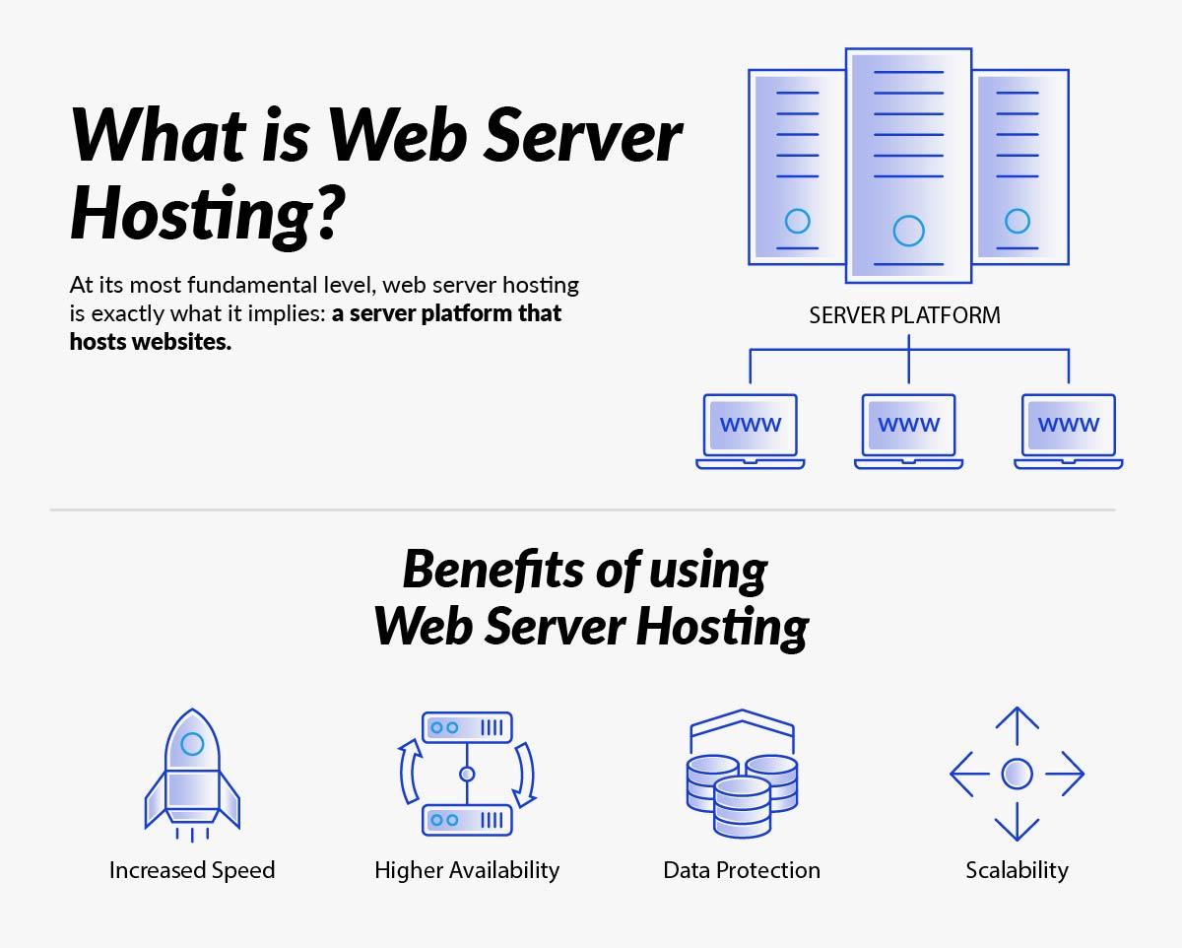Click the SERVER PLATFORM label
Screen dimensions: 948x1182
point(904,315)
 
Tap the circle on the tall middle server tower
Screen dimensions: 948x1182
point(908,231)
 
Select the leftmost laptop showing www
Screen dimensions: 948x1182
point(751,430)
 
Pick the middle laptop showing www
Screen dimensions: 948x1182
point(908,430)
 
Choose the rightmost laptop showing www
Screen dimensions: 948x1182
point(1069,430)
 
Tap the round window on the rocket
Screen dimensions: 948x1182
point(193,744)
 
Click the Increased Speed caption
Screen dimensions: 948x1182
point(192,870)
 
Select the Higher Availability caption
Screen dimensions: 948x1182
point(467,870)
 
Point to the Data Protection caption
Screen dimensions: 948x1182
point(742,870)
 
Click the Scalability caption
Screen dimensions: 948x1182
point(1017,870)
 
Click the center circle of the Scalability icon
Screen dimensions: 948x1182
point(1017,774)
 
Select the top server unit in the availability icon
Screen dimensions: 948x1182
point(467,727)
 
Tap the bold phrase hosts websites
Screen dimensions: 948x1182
point(150,342)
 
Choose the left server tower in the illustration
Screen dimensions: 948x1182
point(797,167)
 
